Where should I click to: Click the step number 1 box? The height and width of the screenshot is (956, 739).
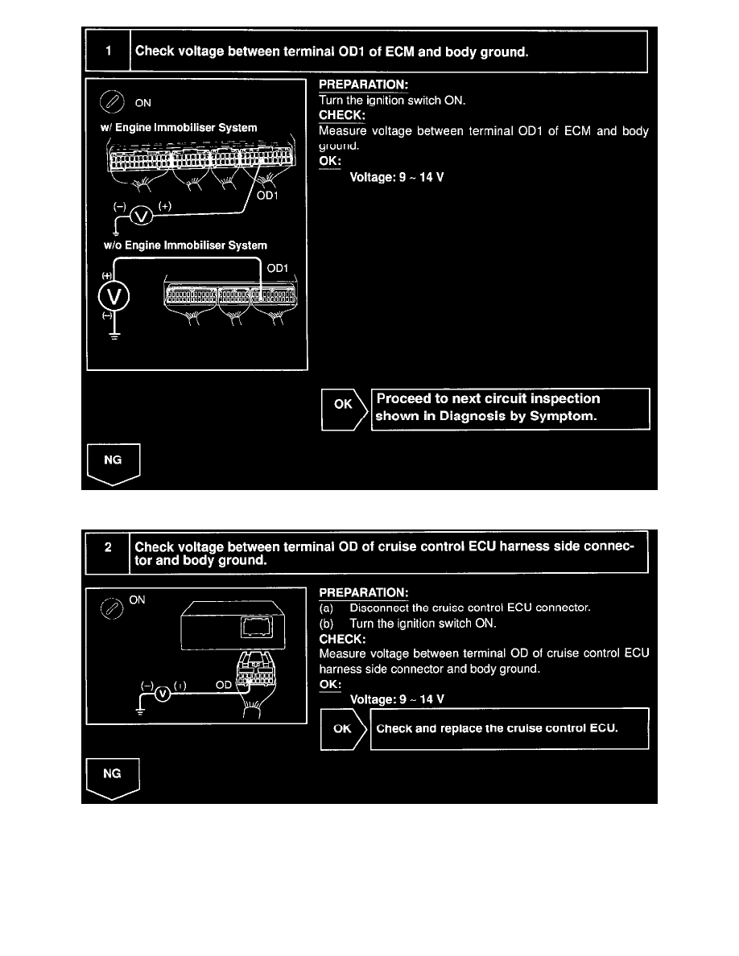coord(109,52)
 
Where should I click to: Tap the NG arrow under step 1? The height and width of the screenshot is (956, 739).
coord(114,463)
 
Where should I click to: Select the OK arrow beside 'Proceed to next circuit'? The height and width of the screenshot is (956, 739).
coord(344,409)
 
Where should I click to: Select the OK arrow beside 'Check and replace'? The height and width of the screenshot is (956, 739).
coord(343,729)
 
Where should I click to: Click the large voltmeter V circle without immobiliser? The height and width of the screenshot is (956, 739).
coord(114,297)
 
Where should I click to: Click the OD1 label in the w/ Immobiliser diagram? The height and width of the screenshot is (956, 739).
coord(268,196)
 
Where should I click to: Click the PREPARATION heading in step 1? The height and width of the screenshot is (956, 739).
coord(363,84)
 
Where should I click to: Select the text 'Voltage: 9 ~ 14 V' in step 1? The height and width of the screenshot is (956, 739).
coord(396,177)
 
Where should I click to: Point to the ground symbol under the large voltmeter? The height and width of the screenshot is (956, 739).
coord(114,336)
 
